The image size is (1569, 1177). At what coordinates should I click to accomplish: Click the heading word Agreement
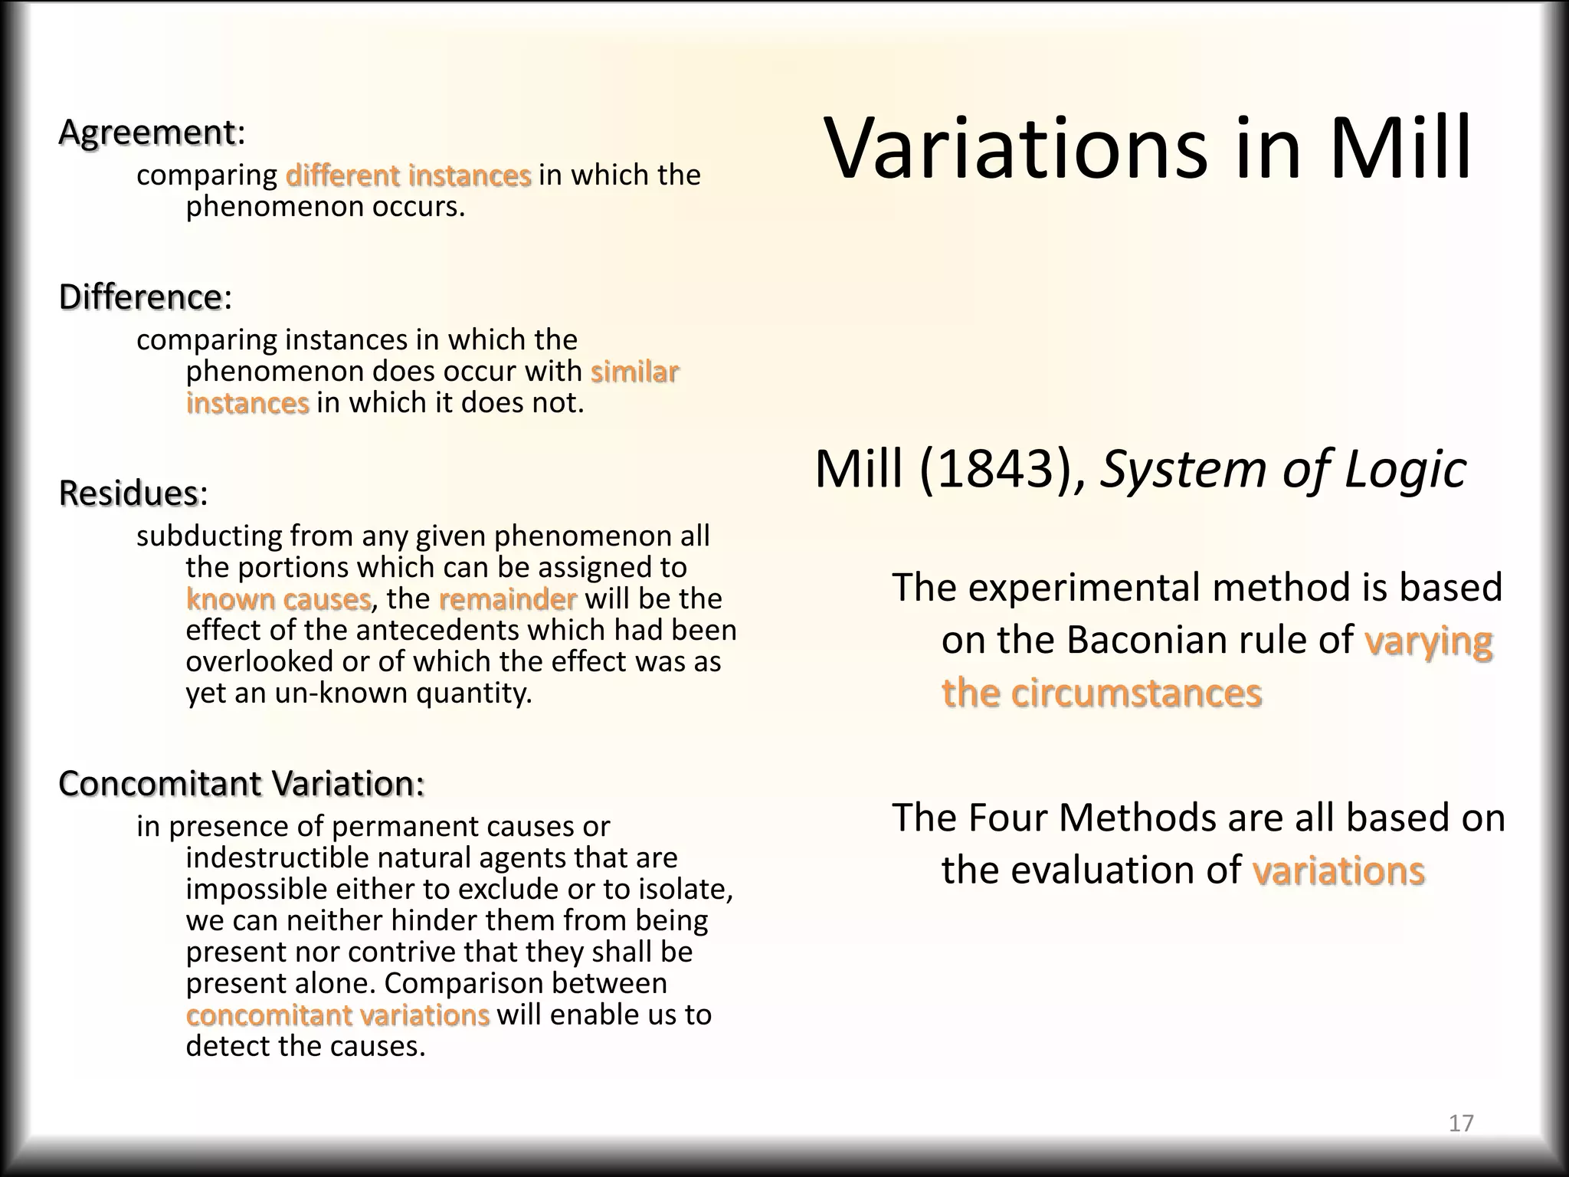pos(146,133)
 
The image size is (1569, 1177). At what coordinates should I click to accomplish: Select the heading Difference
pos(140,297)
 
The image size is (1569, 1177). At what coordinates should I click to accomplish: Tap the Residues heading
pos(129,493)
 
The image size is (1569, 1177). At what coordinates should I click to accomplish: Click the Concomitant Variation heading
pos(241,783)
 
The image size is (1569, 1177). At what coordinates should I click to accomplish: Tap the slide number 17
pos(1461,1123)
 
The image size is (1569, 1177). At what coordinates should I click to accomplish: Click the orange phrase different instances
pos(408,175)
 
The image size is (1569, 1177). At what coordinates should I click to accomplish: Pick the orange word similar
pos(634,372)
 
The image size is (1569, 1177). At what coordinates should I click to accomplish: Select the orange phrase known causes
pos(279,598)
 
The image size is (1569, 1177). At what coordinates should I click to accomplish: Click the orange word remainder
pos(507,598)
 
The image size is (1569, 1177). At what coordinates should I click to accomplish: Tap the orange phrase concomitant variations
pos(337,1015)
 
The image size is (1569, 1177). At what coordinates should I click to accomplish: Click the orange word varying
pos(1428,641)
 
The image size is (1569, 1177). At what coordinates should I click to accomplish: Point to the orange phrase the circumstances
pos(1101,693)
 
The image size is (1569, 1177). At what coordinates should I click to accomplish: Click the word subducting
pos(208,536)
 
